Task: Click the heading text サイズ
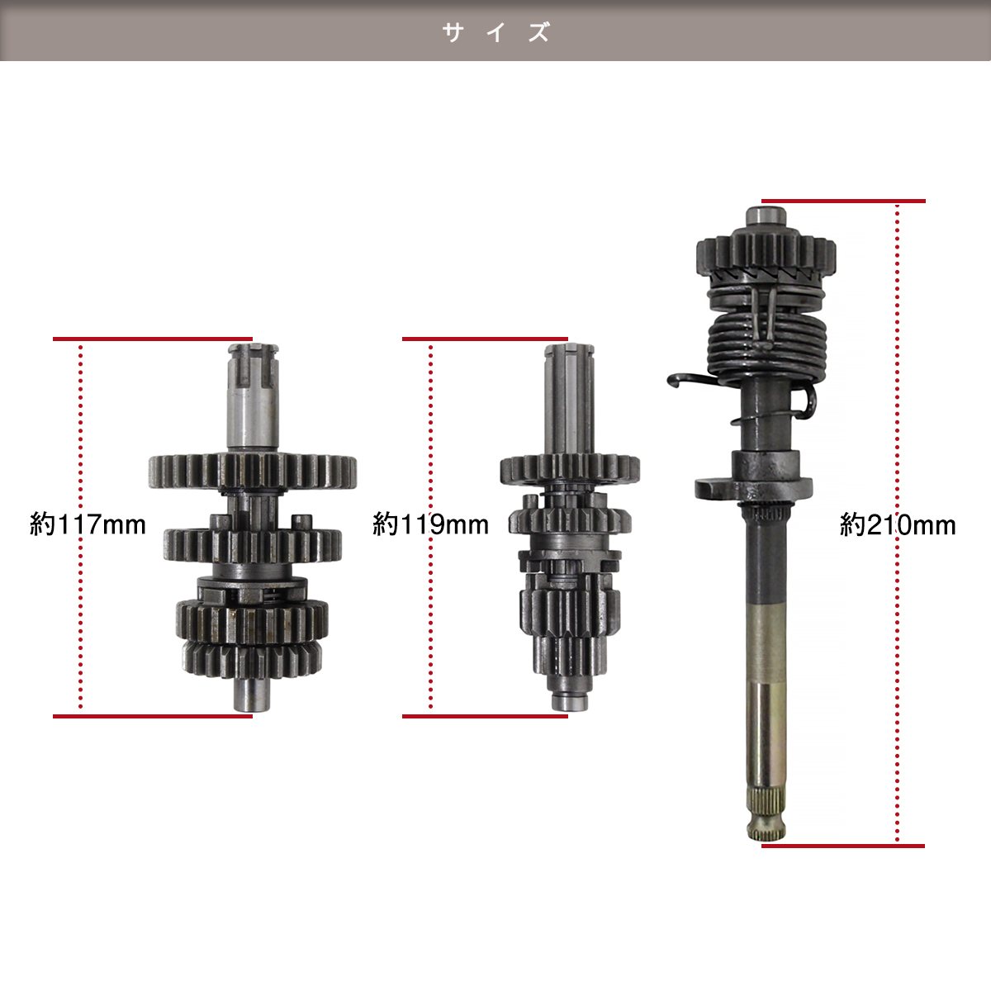tap(495, 32)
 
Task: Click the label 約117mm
tap(88, 525)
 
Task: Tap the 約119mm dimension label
tap(431, 525)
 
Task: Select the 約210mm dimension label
tap(898, 525)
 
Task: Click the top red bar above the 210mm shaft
tap(843, 201)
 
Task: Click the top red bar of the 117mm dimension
tap(153, 339)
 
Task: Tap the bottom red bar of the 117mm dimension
tap(153, 716)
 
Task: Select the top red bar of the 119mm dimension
tap(485, 339)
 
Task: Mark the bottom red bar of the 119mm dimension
tap(485, 716)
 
